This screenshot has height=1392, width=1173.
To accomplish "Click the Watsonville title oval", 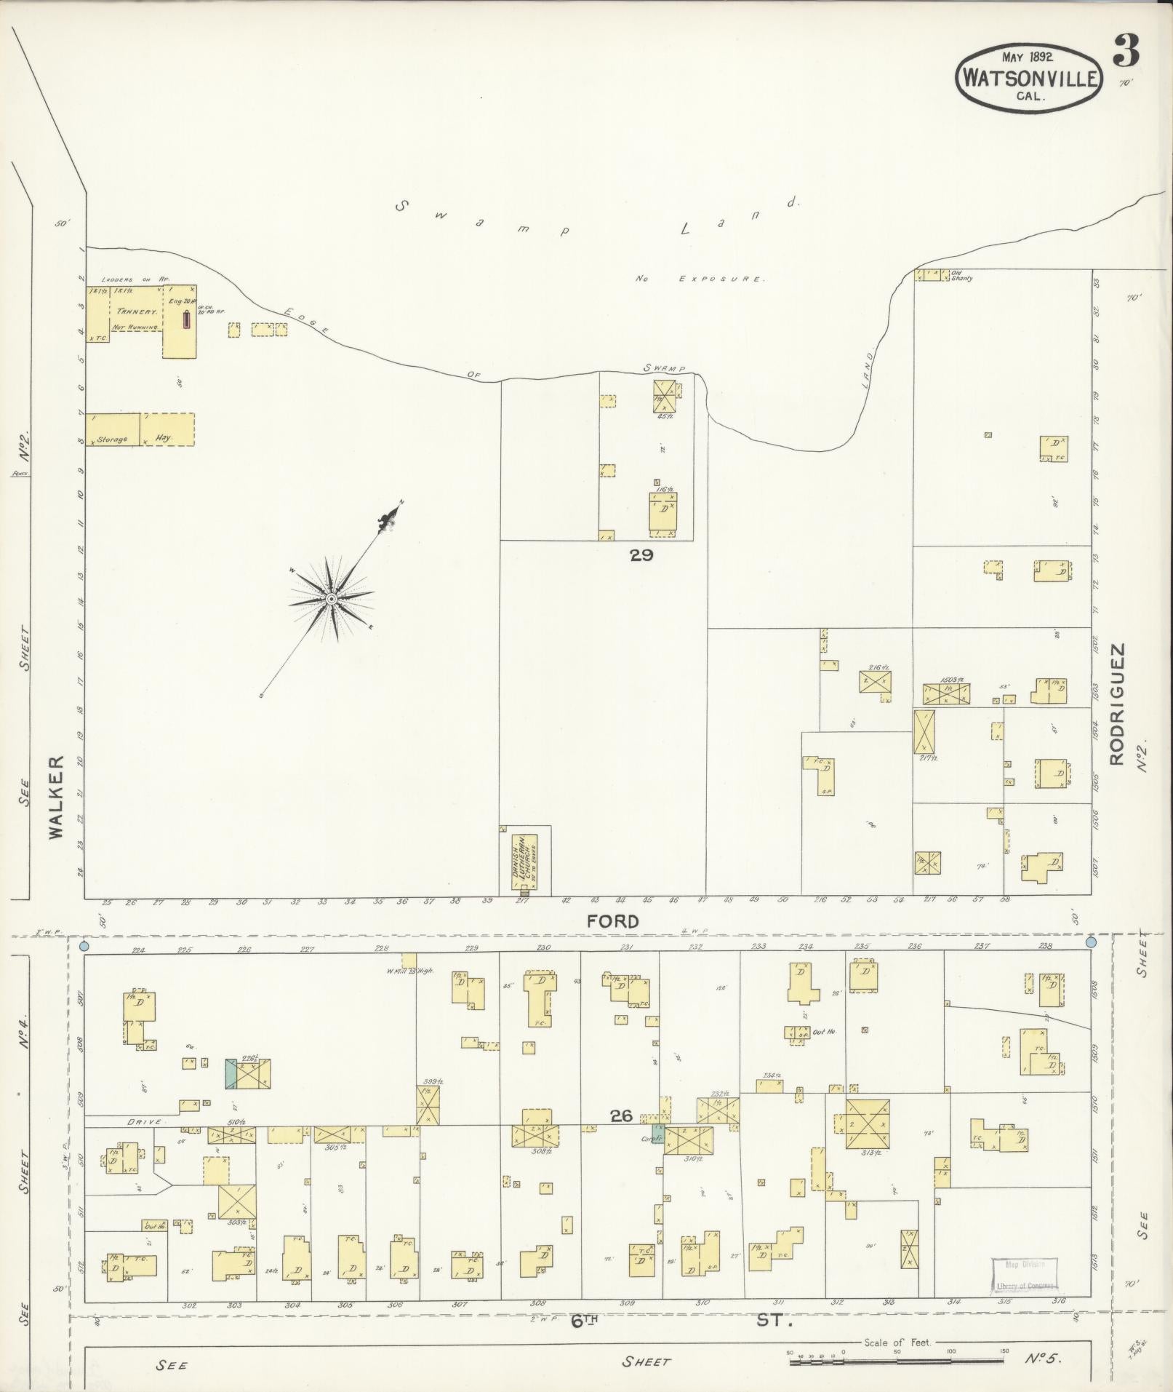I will (x=1029, y=76).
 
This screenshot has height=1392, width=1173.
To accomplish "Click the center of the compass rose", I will (x=331, y=599).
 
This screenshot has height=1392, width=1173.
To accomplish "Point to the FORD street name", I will (x=613, y=922).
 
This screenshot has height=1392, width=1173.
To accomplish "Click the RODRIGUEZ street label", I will (x=1118, y=703).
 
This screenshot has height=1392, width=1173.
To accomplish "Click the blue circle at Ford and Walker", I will (x=84, y=947).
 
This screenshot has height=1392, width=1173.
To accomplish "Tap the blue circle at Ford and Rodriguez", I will (x=1090, y=942).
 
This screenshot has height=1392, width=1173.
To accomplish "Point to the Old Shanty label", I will (x=961, y=277).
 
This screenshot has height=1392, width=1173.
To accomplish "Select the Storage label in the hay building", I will (x=114, y=440).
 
